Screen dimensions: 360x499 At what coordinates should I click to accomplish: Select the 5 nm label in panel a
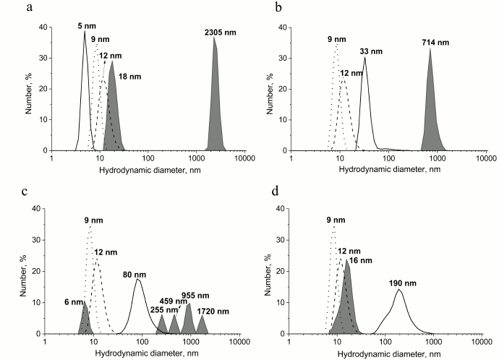[85, 25]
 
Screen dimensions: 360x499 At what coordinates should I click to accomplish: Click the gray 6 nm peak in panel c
[85, 322]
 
